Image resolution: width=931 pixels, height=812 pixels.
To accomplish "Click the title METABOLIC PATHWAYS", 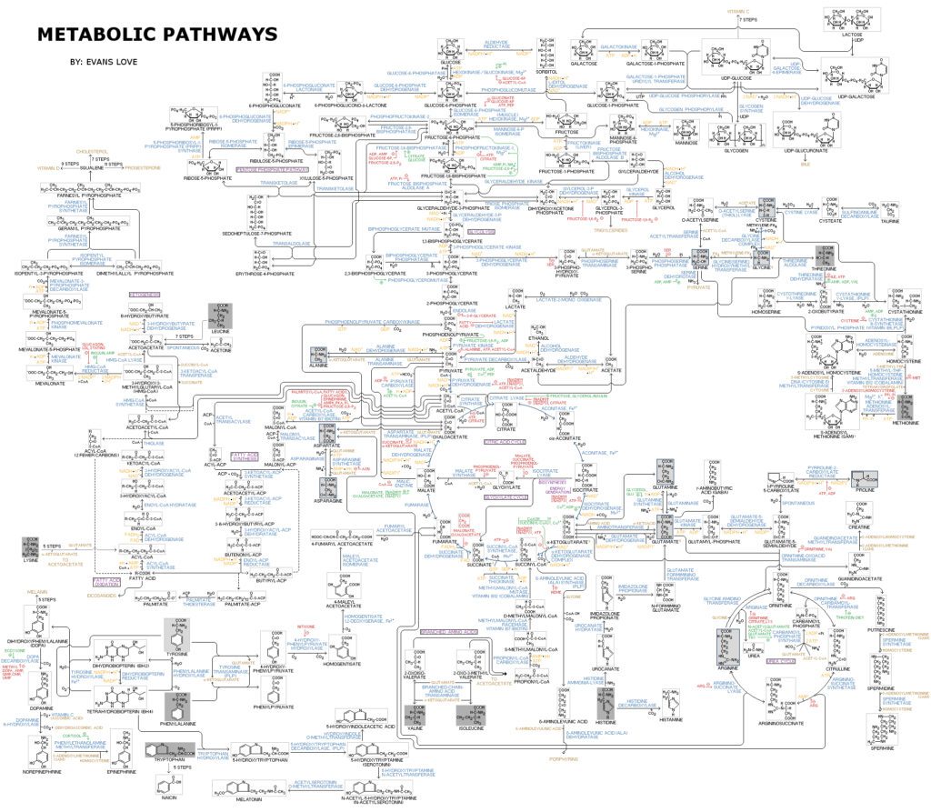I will point(156,35).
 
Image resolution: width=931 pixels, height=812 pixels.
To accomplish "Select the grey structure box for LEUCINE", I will point(221,315).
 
